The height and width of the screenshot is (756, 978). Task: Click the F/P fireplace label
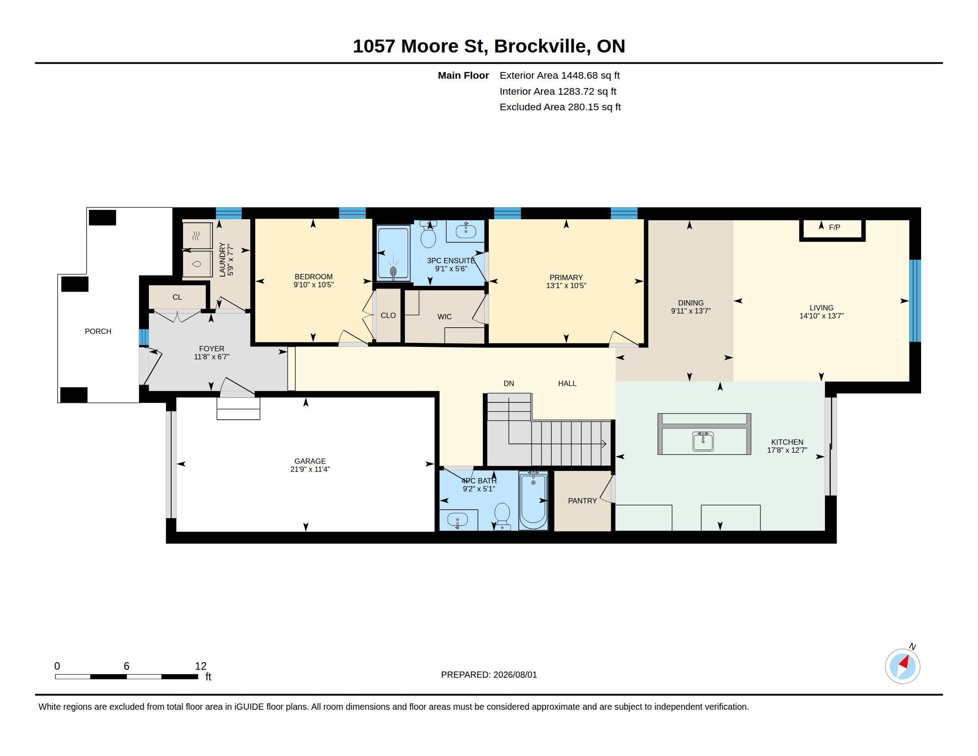(x=834, y=228)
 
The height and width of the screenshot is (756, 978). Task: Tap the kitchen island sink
(x=703, y=441)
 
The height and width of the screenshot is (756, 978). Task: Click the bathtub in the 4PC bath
(x=533, y=500)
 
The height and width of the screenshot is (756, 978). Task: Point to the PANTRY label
(x=582, y=501)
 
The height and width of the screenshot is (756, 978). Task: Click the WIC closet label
(x=444, y=317)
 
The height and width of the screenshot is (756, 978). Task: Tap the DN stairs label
(x=509, y=383)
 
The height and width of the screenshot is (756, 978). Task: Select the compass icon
(x=902, y=666)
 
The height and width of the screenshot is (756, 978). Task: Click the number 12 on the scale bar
(x=200, y=666)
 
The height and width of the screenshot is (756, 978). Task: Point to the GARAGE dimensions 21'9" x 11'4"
(x=310, y=469)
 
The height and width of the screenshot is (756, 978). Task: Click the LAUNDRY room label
(x=223, y=260)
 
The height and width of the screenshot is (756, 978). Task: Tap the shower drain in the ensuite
(x=393, y=271)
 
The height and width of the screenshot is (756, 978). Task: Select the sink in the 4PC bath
(x=457, y=520)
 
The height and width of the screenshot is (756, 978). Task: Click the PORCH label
(x=98, y=331)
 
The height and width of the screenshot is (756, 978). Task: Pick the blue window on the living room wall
(x=915, y=301)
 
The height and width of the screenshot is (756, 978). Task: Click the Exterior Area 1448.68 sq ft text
(x=560, y=76)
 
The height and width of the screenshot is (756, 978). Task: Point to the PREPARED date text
(x=489, y=675)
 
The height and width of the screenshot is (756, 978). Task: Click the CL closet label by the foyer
(x=177, y=298)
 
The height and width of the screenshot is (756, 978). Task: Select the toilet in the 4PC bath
(x=502, y=516)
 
